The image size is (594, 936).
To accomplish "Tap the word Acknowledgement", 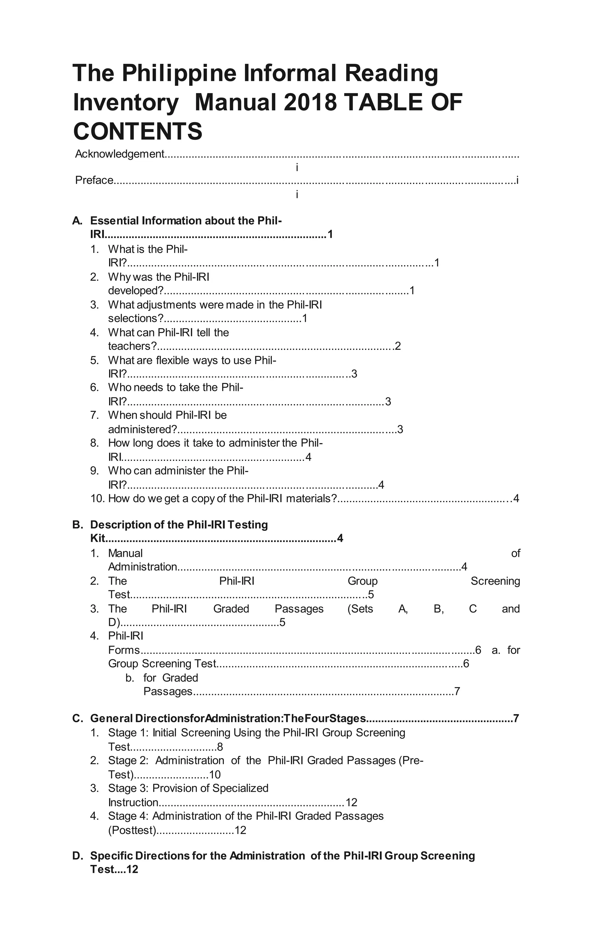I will coord(120,154).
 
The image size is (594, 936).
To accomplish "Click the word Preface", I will coord(94,180).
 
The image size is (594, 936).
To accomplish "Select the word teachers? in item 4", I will coord(132,346).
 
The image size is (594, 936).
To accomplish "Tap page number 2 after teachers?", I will coord(398,346).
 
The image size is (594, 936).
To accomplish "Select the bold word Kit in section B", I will coord(97,538).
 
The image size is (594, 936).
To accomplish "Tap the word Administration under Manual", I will coord(142,567).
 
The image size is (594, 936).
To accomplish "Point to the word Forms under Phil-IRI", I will coord(124,650).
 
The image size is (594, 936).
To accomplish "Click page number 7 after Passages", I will coord(457,691).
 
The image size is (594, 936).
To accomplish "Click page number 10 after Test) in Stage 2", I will coord(215,775).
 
